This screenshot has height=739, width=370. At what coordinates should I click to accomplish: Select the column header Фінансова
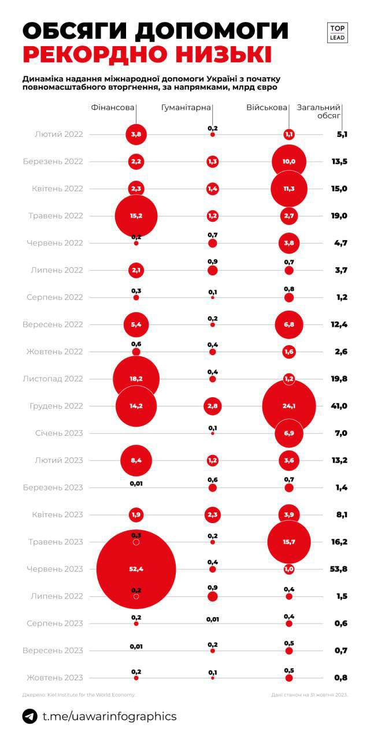pyautogui.click(x=113, y=107)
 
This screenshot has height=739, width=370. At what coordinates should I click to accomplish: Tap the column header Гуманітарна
pyautogui.click(x=186, y=107)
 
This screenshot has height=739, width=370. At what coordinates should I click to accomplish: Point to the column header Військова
pyautogui.click(x=267, y=107)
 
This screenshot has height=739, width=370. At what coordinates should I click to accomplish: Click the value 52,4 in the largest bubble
pyautogui.click(x=136, y=569)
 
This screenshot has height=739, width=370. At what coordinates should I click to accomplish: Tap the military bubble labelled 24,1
pyautogui.click(x=289, y=406)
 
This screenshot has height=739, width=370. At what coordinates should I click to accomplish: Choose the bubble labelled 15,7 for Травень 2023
pyautogui.click(x=289, y=542)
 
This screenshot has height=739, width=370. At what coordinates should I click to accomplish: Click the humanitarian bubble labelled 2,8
pyautogui.click(x=212, y=406)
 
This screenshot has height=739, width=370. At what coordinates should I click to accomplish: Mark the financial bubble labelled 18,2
pyautogui.click(x=136, y=379)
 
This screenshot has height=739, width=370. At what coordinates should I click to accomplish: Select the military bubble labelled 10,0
pyautogui.click(x=289, y=161)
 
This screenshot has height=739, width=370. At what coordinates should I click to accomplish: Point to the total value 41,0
pyautogui.click(x=339, y=406)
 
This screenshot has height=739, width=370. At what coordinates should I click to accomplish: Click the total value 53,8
pyautogui.click(x=339, y=569)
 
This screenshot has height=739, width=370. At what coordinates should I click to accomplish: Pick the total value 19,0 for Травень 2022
pyautogui.click(x=339, y=216)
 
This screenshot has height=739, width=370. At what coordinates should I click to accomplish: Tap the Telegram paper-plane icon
pyautogui.click(x=30, y=716)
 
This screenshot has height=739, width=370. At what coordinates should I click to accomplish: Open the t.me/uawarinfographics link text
pyautogui.click(x=110, y=716)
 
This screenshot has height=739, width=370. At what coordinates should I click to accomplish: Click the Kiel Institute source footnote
pyautogui.click(x=78, y=695)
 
